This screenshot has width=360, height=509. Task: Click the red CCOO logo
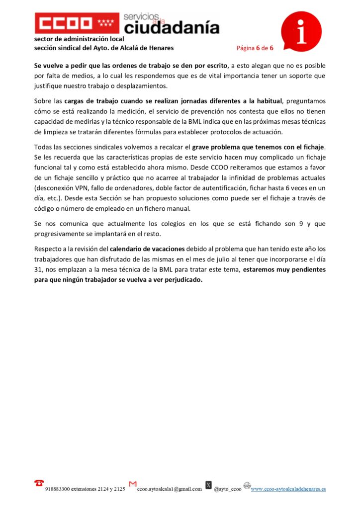tap(77, 23)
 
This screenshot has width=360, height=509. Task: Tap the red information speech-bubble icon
tap(301, 30)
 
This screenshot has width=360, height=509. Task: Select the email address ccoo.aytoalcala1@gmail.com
tap(170, 489)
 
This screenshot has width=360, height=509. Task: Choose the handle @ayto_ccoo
tap(228, 489)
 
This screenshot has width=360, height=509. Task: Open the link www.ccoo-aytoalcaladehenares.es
tap(288, 489)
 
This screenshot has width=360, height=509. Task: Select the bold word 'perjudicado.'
tap(182, 280)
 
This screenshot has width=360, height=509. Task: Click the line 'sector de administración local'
tap(79, 38)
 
